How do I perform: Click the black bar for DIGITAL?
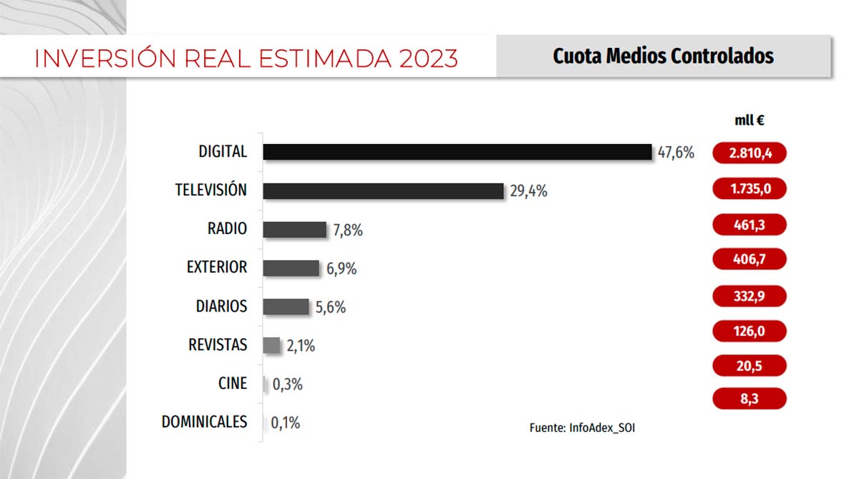[x=457, y=152]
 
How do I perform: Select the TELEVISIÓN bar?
[x=383, y=190]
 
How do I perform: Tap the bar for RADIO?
[x=294, y=229]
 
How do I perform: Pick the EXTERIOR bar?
[x=291, y=268]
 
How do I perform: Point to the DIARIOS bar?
[x=286, y=306]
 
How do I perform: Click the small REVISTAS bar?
[x=271, y=345]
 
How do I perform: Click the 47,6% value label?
[x=676, y=153]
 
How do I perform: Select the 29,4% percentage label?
[x=529, y=191]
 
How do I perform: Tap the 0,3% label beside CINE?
[x=288, y=384]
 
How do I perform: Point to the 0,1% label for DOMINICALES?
[x=286, y=423]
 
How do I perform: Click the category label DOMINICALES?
[x=204, y=422]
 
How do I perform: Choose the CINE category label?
[x=233, y=383]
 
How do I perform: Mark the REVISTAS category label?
[x=218, y=344]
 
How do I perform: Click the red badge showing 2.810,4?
[x=749, y=153]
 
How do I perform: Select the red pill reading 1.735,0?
[x=749, y=189]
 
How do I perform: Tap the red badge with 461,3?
[x=749, y=225]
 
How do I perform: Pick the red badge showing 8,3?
[x=749, y=399]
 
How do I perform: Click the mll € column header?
[x=749, y=120]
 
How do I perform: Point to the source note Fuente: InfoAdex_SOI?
[x=582, y=427]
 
